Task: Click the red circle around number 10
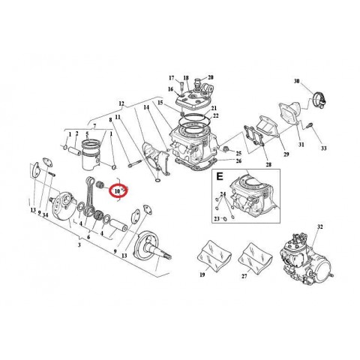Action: (118, 190)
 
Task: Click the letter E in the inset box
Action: (220, 178)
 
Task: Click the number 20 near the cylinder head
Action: (210, 78)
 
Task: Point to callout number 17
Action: (171, 78)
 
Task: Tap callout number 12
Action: (121, 102)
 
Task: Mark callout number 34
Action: (47, 215)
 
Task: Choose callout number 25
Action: (238, 152)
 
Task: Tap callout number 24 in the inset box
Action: (223, 194)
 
